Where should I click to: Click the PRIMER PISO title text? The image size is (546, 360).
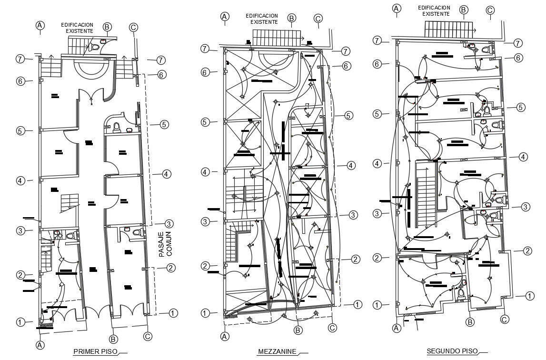[93, 352]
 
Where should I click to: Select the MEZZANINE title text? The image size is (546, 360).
[277, 352]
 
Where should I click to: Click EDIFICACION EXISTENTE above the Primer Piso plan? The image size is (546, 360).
[77, 28]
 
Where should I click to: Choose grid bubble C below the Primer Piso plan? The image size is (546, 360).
[148, 336]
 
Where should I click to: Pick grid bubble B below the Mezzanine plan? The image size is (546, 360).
[298, 330]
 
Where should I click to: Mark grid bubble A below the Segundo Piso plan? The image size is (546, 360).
[396, 328]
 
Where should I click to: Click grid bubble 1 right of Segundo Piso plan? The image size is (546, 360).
[529, 296]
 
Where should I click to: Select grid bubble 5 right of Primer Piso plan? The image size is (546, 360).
[164, 125]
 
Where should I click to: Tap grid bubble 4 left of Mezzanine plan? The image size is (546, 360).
[206, 171]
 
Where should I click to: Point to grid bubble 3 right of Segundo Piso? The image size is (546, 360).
[525, 207]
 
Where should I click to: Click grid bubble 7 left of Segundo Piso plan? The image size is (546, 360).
[377, 40]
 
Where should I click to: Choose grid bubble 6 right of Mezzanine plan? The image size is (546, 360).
[347, 66]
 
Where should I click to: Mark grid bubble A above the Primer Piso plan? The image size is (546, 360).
[40, 25]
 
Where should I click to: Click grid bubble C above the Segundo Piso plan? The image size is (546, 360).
[490, 10]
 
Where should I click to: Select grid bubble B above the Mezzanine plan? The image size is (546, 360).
[292, 18]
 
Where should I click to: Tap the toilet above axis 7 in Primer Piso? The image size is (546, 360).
[94, 47]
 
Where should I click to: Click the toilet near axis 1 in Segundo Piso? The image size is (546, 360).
[460, 295]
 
